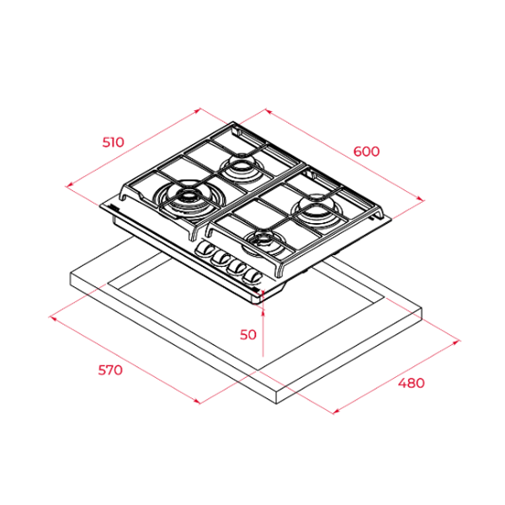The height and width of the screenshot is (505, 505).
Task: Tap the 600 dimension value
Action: click(x=367, y=151)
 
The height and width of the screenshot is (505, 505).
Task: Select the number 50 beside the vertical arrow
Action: click(x=247, y=334)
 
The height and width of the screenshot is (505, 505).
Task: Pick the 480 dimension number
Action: click(x=412, y=383)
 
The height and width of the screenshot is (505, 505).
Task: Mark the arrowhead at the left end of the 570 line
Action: click(x=53, y=318)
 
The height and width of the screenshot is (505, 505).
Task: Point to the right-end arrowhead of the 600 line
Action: click(x=420, y=199)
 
